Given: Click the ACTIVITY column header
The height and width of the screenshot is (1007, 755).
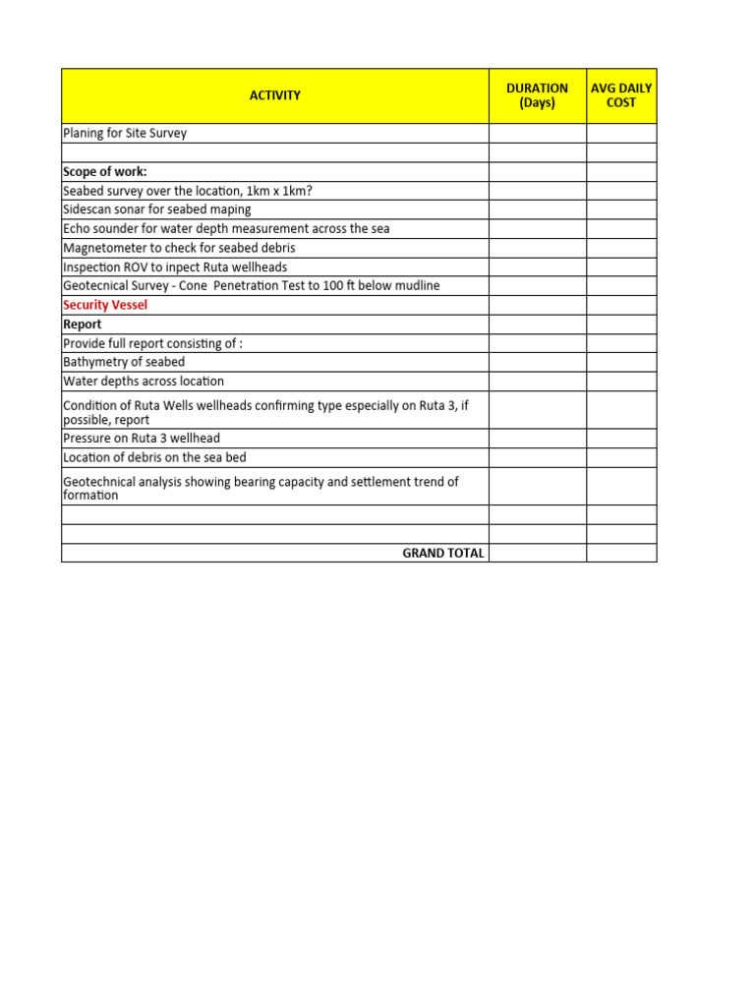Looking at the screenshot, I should [274, 95].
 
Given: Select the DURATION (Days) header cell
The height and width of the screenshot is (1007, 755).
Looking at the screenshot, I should [537, 95].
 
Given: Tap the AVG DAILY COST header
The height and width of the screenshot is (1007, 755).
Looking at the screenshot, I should [621, 95].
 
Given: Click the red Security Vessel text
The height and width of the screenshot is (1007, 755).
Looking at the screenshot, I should [105, 305].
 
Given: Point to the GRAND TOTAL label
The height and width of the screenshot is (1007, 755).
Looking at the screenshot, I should [443, 553].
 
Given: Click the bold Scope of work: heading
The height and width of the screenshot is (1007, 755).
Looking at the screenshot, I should [105, 172].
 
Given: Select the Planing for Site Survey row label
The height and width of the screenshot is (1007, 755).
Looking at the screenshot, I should [125, 133].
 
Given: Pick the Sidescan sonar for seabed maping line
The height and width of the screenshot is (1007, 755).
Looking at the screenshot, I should [157, 209].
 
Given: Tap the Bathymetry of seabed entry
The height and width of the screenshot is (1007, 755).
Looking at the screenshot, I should [124, 362].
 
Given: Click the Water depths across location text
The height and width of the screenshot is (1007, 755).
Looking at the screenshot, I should [144, 381].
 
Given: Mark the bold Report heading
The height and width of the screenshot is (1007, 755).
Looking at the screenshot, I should [83, 324].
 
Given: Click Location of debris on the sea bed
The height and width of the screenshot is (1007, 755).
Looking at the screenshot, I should [154, 457].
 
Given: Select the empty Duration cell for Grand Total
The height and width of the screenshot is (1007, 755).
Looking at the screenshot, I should [537, 553].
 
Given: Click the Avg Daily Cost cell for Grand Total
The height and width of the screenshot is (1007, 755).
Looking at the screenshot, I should [621, 553].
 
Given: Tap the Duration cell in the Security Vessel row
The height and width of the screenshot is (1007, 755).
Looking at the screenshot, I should [537, 305].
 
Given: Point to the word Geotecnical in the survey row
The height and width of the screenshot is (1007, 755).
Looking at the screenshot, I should [96, 285].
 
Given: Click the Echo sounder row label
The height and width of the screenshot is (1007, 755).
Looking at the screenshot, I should [226, 229].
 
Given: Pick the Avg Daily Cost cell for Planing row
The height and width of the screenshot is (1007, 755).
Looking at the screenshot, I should [621, 133].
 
